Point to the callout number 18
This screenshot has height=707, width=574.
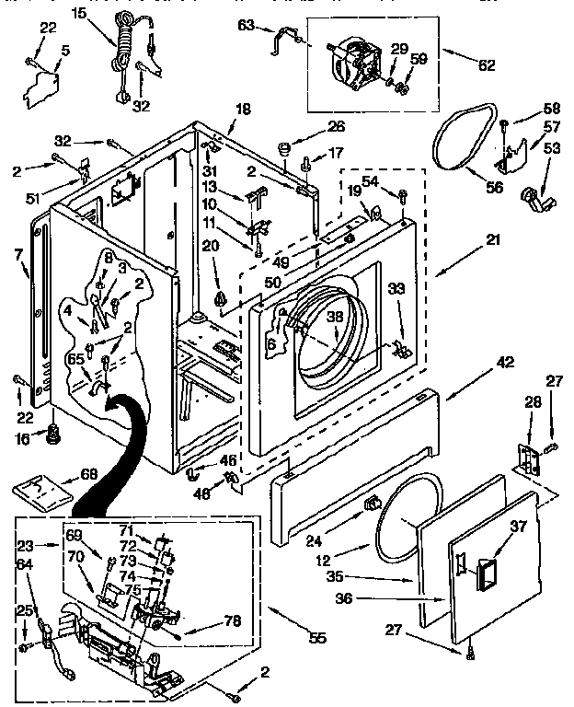coord(242,109)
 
